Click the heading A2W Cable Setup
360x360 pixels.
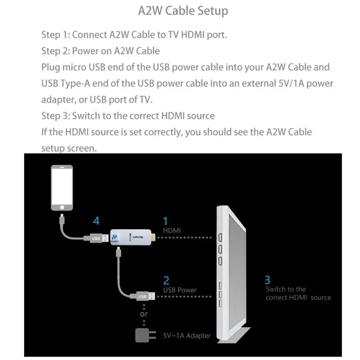click(x=183, y=11)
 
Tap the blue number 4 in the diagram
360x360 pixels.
click(x=96, y=221)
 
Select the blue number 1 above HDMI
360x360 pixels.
click(x=166, y=221)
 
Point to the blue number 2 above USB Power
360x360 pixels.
click(x=166, y=280)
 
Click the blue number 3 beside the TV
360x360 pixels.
click(x=267, y=280)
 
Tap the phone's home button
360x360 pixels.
click(x=62, y=208)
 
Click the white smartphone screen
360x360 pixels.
click(x=62, y=186)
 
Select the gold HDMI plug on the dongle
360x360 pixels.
click(x=153, y=237)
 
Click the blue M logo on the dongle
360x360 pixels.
click(x=114, y=237)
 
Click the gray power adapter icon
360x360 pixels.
click(x=145, y=336)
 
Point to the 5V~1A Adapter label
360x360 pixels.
click(x=187, y=336)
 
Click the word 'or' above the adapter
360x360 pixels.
click(x=144, y=314)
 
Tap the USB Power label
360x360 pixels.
click(x=180, y=290)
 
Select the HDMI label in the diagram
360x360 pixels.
click(x=172, y=230)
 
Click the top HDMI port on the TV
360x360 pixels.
click(x=220, y=237)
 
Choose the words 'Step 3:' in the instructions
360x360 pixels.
click(x=55, y=116)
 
